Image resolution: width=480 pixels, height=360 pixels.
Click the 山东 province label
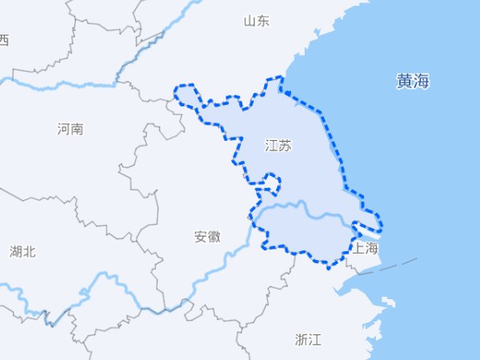[x=257, y=21]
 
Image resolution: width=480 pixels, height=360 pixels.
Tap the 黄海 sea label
[x=413, y=81]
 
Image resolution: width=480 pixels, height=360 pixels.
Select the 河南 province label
[x=70, y=129]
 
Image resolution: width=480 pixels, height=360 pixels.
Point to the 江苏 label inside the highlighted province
[x=278, y=146]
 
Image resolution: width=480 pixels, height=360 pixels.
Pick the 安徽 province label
[x=207, y=237]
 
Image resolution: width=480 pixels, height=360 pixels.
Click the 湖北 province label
[x=22, y=252]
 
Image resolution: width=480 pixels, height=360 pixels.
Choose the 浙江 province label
[x=308, y=339]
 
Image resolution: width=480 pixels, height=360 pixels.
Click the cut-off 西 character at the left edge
[x=3, y=40]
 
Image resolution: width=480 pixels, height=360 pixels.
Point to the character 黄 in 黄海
[x=404, y=81]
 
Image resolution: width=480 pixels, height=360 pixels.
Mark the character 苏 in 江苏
[x=286, y=146]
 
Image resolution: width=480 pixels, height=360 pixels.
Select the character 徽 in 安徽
[x=214, y=237]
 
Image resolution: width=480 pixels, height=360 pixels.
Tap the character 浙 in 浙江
[x=302, y=339]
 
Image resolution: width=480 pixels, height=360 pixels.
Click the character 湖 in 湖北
[x=16, y=252]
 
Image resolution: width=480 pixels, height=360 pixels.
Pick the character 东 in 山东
[x=263, y=21]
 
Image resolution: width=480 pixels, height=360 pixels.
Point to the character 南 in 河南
[x=77, y=129]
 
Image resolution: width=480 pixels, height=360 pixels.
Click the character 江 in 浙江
[x=315, y=339]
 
